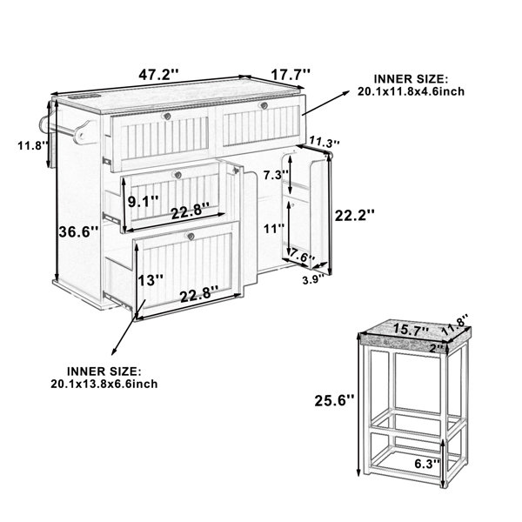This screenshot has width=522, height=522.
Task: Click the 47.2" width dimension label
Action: [159, 75]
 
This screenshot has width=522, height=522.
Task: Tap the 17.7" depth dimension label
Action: [291, 74]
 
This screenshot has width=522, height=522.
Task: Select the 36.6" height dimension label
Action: [79, 231]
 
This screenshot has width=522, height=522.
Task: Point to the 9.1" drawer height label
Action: [144, 202]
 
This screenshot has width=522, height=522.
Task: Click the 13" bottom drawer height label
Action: [151, 280]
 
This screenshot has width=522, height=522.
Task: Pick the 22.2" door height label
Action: [355, 216]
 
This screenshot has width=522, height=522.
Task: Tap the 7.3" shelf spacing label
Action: [276, 175]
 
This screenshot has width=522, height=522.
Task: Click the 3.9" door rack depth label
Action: [313, 280]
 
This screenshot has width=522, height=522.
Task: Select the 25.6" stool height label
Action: [335, 400]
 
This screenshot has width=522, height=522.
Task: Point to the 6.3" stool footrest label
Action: [427, 464]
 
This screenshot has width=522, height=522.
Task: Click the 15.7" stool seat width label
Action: [412, 330]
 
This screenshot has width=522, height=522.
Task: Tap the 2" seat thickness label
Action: [437, 349]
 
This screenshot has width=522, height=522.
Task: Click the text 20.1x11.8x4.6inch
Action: [411, 91]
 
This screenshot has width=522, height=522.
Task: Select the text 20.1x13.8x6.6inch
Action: [104, 384]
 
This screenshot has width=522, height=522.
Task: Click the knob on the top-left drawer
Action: [166, 117]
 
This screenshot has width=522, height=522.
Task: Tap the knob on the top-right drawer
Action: [264, 105]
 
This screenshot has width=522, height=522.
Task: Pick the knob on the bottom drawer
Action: [191, 237]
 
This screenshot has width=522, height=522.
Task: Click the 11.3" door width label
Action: [325, 141]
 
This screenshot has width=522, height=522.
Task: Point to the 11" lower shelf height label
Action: [274, 229]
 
